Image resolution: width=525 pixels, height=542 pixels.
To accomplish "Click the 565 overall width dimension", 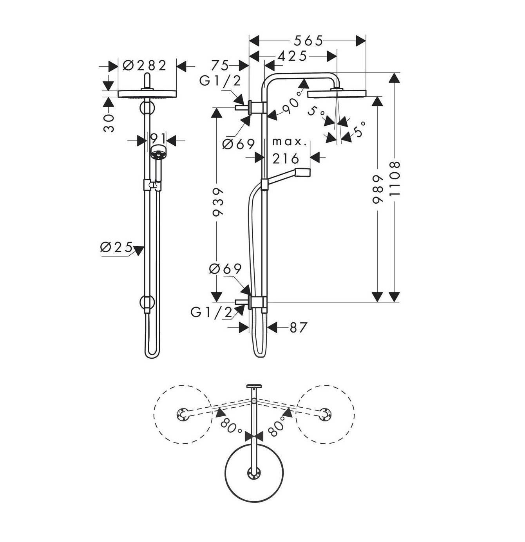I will (x=308, y=40).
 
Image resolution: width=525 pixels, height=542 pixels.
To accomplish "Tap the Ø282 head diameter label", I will (x=145, y=65).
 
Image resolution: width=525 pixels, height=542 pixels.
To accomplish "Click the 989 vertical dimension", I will (x=377, y=190).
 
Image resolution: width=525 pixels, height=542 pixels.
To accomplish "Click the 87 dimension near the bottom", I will (x=298, y=327).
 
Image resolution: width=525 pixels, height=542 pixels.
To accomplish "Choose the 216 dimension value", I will (x=286, y=158).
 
